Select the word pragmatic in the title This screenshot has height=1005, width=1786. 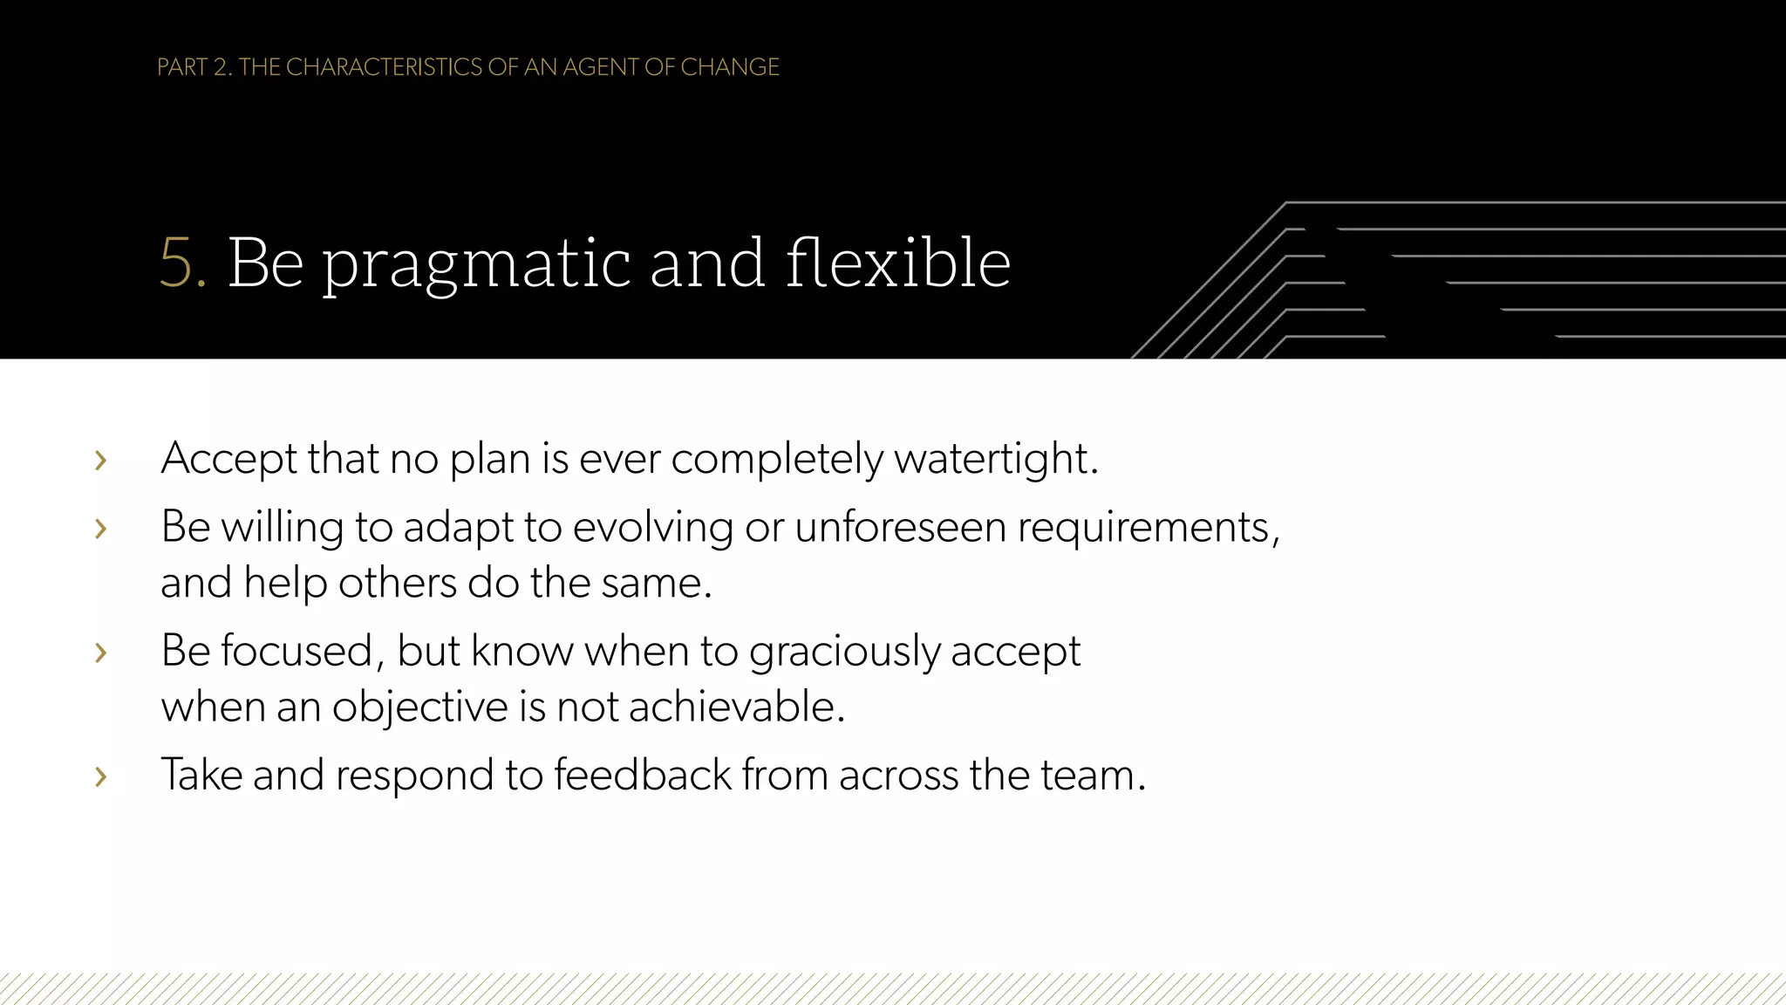click(476, 264)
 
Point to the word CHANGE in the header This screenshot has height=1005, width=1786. click(729, 67)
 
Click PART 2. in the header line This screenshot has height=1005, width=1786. click(194, 67)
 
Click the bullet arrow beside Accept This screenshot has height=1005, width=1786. click(101, 460)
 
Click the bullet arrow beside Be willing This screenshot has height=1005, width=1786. click(101, 528)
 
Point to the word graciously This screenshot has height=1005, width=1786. click(843, 652)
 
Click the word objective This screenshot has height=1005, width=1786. click(419, 707)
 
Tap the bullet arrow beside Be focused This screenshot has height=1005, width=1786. click(101, 652)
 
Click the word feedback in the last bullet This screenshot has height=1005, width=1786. click(643, 775)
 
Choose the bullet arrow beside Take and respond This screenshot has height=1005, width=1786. click(101, 776)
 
